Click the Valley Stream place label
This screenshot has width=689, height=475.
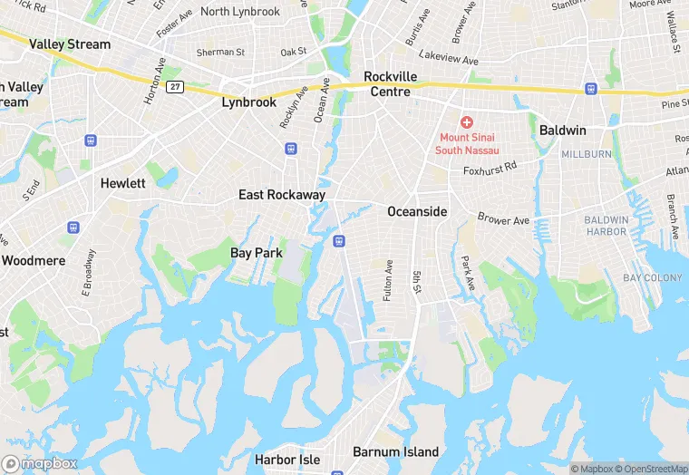point(70,44)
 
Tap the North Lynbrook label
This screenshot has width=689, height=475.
point(240,11)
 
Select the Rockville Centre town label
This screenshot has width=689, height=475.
point(390,83)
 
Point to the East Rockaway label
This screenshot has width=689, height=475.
point(282,195)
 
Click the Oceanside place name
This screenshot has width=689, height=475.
point(417,211)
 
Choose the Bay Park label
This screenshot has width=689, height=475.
point(257,253)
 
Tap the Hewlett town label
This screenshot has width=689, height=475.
point(122,183)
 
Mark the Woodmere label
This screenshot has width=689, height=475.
point(34,260)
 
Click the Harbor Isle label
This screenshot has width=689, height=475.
point(286,460)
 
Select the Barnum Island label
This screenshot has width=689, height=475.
point(395,451)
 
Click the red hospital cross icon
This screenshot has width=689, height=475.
point(466,122)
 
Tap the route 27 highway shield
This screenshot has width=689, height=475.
point(175,86)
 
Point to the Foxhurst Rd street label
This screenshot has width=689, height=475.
point(489,168)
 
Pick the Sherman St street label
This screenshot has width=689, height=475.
point(222,53)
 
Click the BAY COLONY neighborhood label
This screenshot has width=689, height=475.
point(654,277)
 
